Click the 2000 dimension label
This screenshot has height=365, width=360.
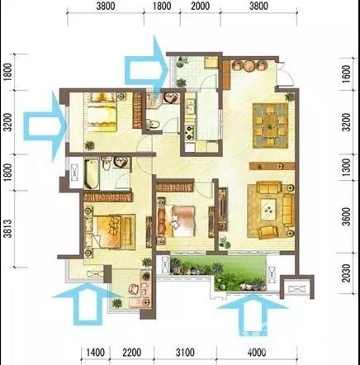pos(200,6)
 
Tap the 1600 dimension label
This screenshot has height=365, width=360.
pos(347,73)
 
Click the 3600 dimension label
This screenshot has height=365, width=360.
pos(347,216)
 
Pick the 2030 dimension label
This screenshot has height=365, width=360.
pos(347,273)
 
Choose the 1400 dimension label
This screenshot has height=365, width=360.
pos(96,353)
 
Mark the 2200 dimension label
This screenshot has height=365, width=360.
pos(132,353)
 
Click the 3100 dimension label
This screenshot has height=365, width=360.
pos(185,353)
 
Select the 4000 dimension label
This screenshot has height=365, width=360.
pos(257,353)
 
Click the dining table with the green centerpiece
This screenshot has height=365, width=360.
pos(271,126)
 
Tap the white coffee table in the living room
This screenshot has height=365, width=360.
pos(268,209)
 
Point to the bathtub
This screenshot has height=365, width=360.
pos(92,174)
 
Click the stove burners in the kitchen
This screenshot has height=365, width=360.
pos(189,132)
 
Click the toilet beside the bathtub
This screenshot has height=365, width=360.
pos(107,165)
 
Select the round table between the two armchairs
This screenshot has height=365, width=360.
pos(249,66)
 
